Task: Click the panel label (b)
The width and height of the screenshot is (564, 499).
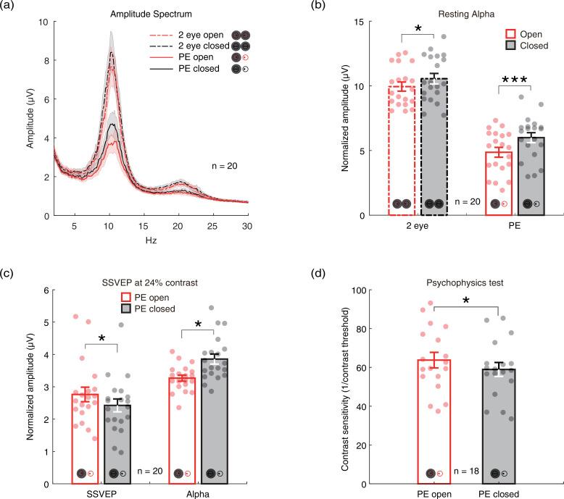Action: coord(317,6)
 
